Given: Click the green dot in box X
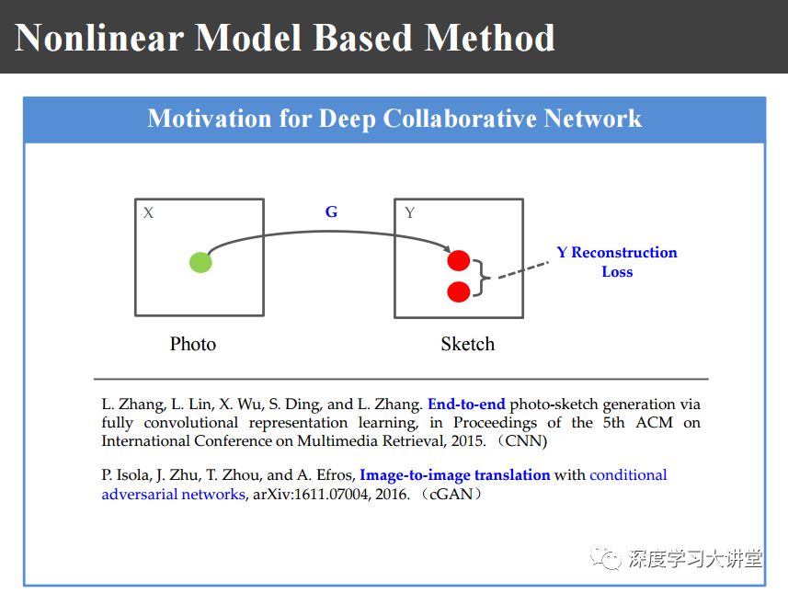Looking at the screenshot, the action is tap(200, 262).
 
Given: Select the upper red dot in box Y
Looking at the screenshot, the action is tap(459, 260).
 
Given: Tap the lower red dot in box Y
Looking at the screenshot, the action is tap(459, 291).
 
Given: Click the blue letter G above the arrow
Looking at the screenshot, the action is tap(331, 211).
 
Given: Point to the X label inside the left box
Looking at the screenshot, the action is tap(149, 213).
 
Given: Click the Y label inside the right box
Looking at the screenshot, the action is tap(410, 213).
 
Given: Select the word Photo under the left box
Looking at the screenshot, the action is tap(193, 344).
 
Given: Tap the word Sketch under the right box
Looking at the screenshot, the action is tap(467, 344).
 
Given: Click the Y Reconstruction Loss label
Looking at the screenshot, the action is tap(617, 262).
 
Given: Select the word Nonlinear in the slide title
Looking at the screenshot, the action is tap(96, 38).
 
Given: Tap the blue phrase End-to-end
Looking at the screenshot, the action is tap(466, 404).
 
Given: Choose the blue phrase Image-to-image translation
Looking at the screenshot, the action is tap(454, 475).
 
